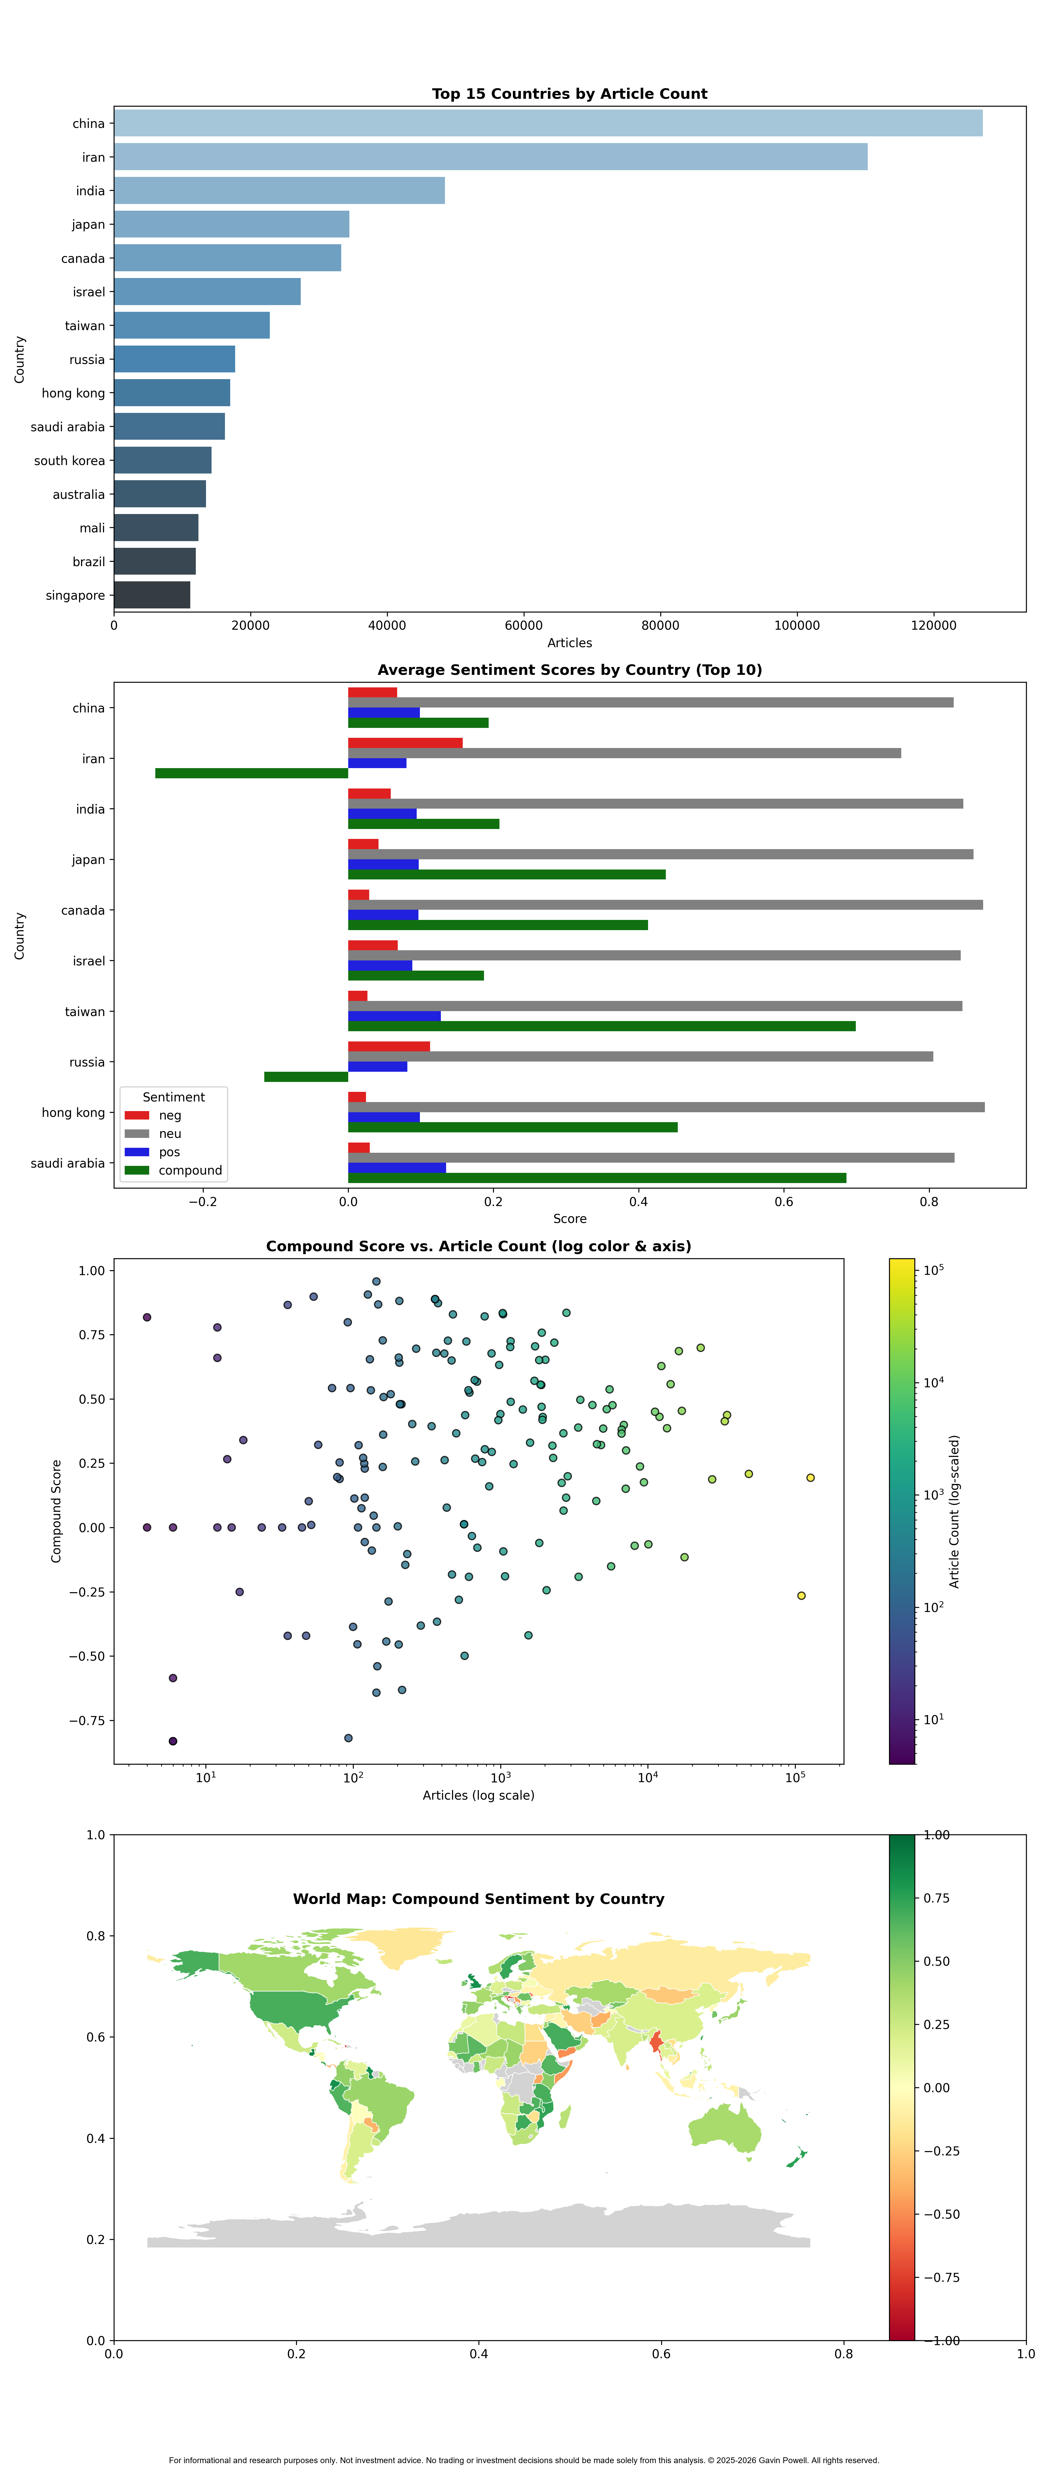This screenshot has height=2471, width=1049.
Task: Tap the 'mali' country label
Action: tap(92, 528)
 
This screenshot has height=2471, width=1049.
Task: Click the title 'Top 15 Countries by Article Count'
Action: tap(570, 93)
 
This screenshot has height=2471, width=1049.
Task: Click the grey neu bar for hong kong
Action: tap(666, 1107)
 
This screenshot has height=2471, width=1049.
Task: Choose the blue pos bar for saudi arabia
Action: tap(397, 1167)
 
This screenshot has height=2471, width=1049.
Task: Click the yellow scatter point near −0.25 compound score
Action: tap(802, 1595)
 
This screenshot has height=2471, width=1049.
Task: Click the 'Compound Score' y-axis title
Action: tap(57, 1511)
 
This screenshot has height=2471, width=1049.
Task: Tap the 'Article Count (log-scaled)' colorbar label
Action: tap(954, 1511)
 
